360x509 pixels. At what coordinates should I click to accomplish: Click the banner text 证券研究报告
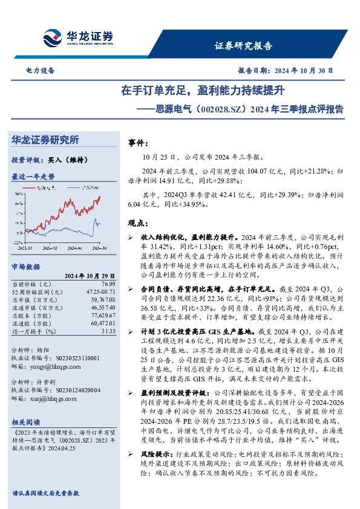pyautogui.click(x=243, y=46)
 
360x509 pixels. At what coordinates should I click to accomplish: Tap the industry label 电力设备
pyautogui.click(x=41, y=71)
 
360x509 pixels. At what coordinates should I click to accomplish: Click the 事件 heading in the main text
pyautogui.click(x=139, y=144)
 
